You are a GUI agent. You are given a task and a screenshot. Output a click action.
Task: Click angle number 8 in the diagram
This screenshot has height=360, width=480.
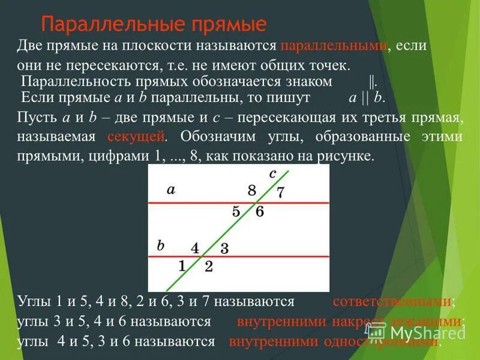click(x=251, y=191)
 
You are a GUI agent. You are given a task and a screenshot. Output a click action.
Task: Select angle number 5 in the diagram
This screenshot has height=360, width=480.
click(x=236, y=211)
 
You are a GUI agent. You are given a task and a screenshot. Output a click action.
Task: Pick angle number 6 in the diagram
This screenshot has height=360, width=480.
click(x=259, y=211)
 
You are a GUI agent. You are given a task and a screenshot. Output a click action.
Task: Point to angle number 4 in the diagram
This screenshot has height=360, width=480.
click(x=195, y=247)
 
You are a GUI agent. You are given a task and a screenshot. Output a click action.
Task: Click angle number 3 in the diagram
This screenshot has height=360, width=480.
click(x=224, y=248)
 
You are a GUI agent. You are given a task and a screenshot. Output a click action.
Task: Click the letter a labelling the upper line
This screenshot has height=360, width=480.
click(x=171, y=190)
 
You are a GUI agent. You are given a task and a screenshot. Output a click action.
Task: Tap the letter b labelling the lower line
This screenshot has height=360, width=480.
click(x=160, y=245)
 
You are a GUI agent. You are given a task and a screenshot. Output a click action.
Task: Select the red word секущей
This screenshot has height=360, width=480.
click(x=136, y=136)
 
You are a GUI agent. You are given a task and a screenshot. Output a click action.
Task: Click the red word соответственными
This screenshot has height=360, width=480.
click(x=392, y=301)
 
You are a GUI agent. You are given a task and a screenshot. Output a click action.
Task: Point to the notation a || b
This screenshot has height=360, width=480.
click(x=365, y=97)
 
